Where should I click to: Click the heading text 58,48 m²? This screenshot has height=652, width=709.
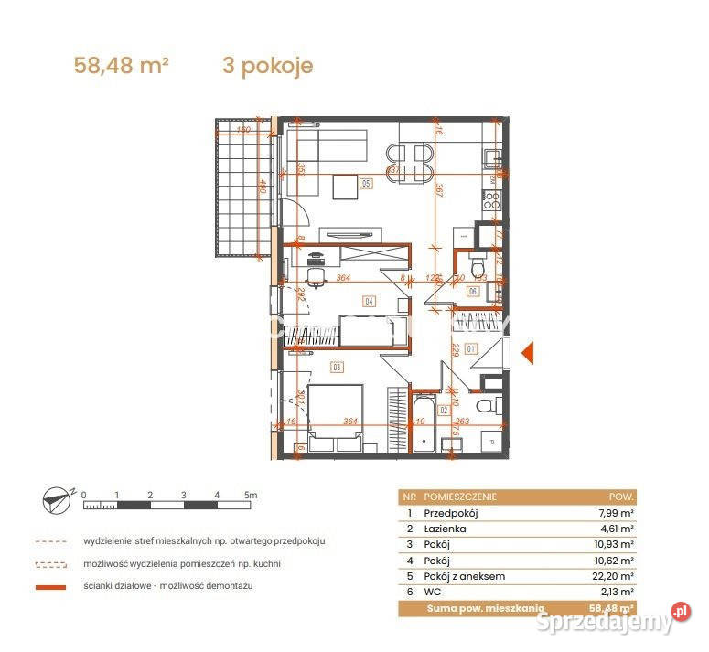pyautogui.click(x=121, y=66)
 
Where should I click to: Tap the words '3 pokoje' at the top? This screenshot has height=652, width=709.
pyautogui.click(x=267, y=66)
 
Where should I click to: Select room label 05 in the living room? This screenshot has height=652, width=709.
pyautogui.click(x=366, y=183)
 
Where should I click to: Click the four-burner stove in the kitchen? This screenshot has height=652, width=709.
pyautogui.click(x=491, y=200)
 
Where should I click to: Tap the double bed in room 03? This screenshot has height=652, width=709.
pyautogui.click(x=336, y=416)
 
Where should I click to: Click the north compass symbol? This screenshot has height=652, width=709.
pyautogui.click(x=57, y=498)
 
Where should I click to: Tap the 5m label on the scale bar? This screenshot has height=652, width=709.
pyautogui.click(x=251, y=495)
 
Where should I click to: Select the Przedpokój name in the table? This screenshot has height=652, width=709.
pyautogui.click(x=451, y=513)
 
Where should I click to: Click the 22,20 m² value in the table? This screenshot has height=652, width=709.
pyautogui.click(x=612, y=576)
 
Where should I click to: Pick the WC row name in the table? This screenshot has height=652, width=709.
pyautogui.click(x=433, y=592)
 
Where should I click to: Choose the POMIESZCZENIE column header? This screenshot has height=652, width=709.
pyautogui.click(x=460, y=497)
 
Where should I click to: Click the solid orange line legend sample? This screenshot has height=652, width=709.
pyautogui.click(x=51, y=586)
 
